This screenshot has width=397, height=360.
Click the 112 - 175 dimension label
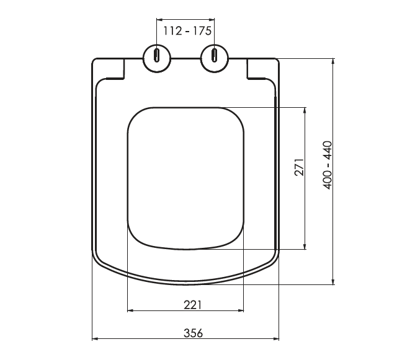(x=187, y=31)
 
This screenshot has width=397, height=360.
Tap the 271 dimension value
(x=299, y=167)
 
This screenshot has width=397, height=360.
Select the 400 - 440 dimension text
(x=328, y=165)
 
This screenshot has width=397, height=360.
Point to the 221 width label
(x=192, y=305)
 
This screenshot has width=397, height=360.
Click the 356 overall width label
(x=193, y=333)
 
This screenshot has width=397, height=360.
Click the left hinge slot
(x=157, y=55)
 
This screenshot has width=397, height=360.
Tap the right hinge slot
(x=215, y=55)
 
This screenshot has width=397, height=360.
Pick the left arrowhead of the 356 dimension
(x=95, y=339)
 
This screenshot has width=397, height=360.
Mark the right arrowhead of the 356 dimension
(x=276, y=339)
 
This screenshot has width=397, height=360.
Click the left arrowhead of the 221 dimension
(x=130, y=310)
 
